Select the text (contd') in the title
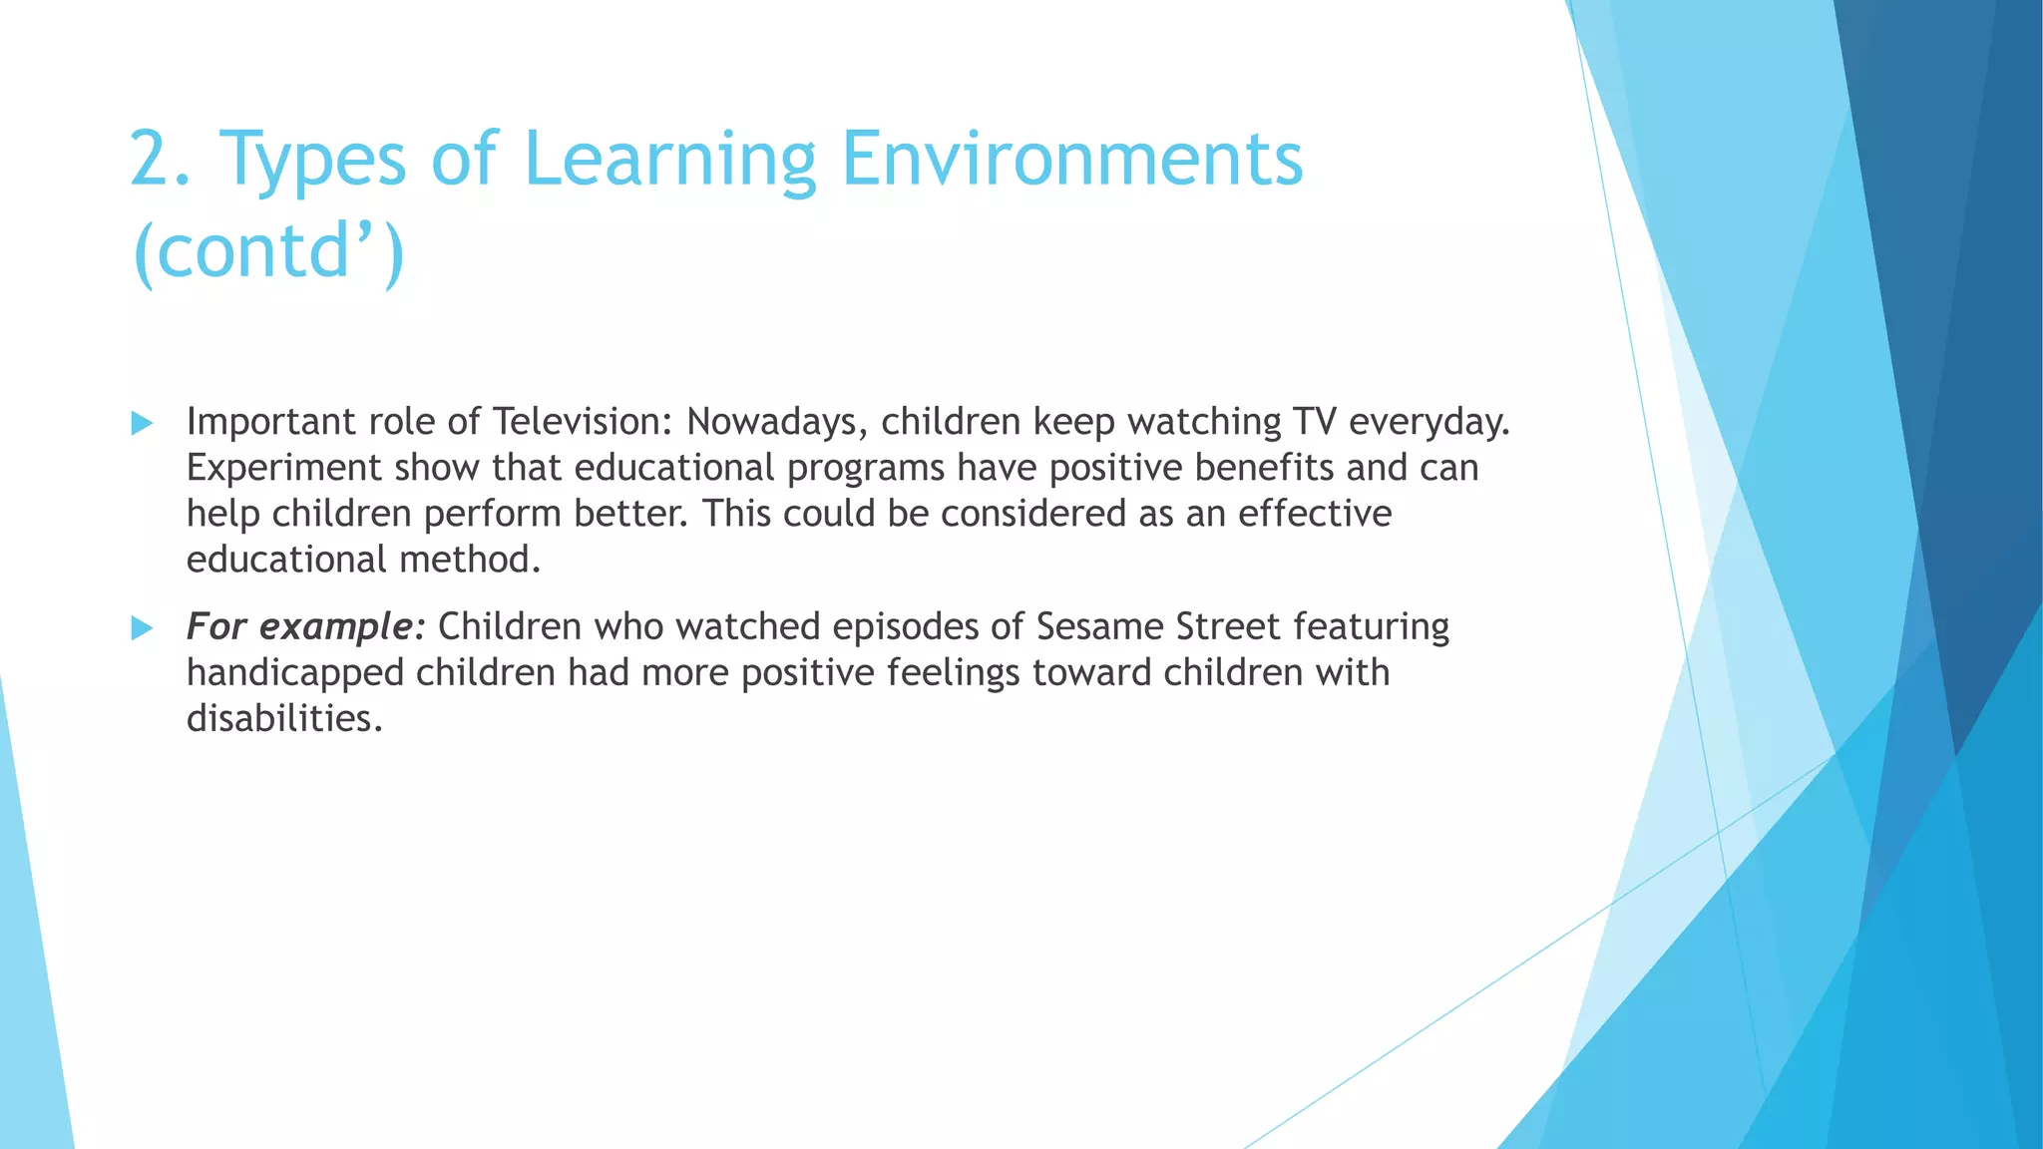tap(267, 251)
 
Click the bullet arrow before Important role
tap(143, 424)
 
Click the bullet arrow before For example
tap(143, 628)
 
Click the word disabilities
tap(284, 718)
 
